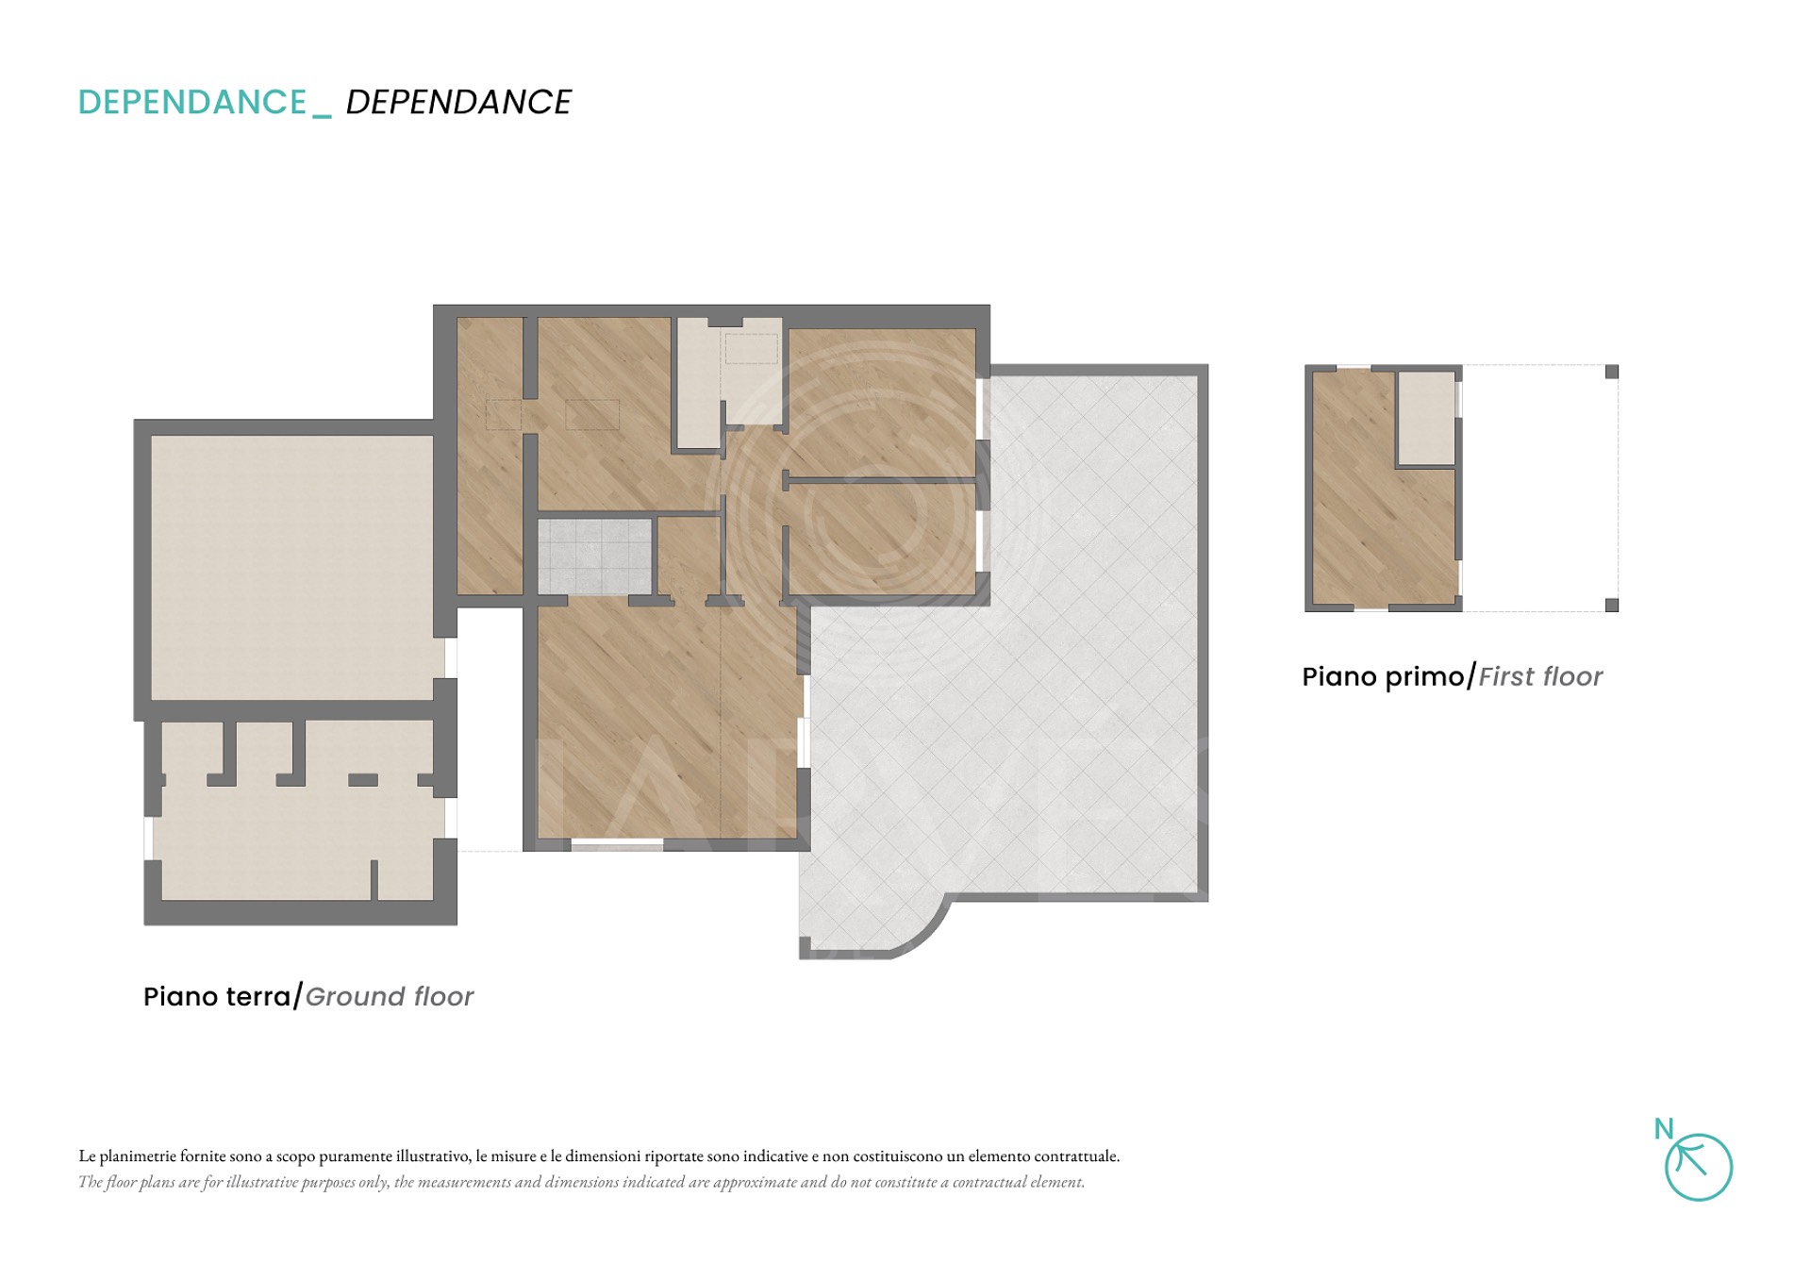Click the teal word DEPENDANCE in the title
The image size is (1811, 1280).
point(192,102)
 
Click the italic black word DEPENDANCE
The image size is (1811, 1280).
point(458,102)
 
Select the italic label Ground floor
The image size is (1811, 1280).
point(390,996)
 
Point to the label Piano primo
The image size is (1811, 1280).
point(1384,676)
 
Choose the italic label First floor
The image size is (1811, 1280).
point(1540,676)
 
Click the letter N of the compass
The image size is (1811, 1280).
point(1664,1129)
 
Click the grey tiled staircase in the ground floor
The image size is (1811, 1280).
point(595,557)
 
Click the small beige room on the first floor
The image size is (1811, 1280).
point(1425,418)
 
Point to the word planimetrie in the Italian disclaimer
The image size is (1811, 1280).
point(138,1156)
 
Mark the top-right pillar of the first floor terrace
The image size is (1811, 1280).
point(1612,372)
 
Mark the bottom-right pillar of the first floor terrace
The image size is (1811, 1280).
point(1612,605)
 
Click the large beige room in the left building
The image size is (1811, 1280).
point(292,567)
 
